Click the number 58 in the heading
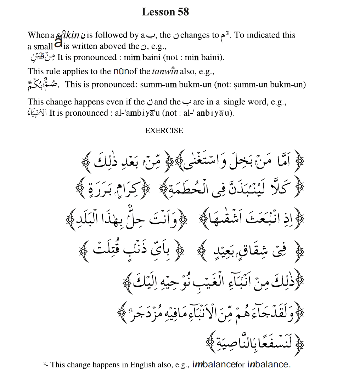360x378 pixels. pos(181,12)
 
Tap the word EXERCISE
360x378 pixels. pos(164,130)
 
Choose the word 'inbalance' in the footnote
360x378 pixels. pos(268,364)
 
